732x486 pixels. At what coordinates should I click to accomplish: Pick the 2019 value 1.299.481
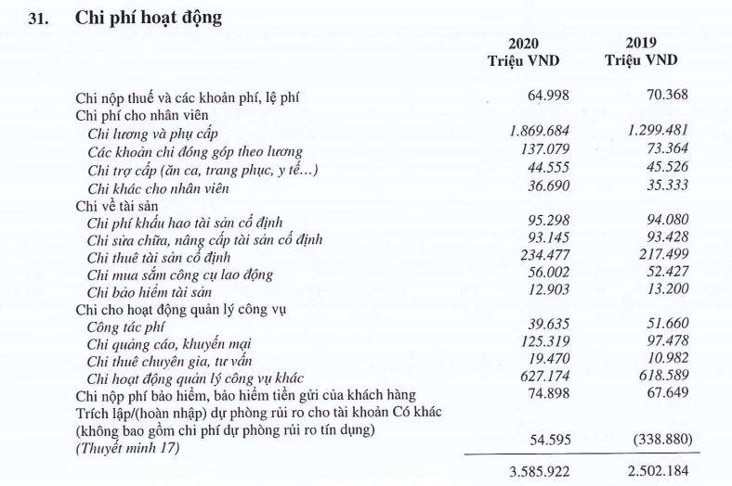647,132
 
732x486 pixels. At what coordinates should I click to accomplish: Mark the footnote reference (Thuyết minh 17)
124,449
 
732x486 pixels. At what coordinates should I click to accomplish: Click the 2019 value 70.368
654,96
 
